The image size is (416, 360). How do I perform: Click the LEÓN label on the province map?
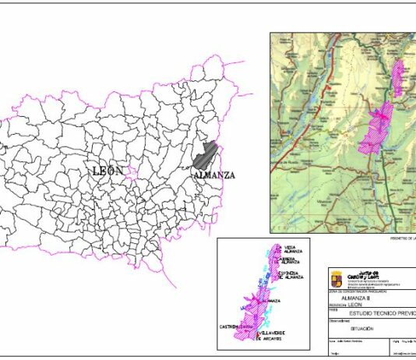[x=108, y=171]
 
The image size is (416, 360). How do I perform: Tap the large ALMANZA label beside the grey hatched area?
[x=214, y=175]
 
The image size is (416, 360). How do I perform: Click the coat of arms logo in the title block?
[x=336, y=277]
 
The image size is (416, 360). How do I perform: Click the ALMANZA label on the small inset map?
[x=272, y=300]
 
